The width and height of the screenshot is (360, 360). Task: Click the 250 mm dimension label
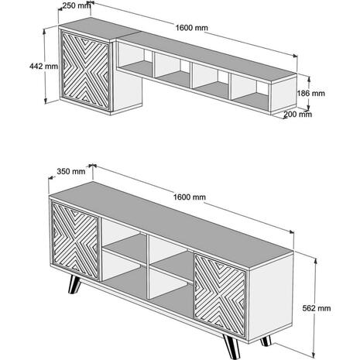click(77, 5)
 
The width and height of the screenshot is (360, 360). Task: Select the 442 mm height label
click(43, 66)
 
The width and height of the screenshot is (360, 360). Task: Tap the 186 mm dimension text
click(310, 93)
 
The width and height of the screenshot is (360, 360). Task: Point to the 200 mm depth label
click(298, 114)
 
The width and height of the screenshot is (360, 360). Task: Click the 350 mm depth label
click(71, 171)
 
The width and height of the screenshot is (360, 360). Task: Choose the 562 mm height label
click(317, 308)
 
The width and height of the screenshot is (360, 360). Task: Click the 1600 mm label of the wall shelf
click(191, 28)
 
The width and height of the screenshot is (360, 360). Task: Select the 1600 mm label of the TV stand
click(190, 197)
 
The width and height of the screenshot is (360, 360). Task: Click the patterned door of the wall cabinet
click(86, 70)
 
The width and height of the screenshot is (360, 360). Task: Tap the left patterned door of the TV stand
click(75, 241)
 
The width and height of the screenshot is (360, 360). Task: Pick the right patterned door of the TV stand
click(220, 295)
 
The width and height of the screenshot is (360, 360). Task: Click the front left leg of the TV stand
click(74, 285)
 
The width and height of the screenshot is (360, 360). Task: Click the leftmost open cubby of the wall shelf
click(135, 60)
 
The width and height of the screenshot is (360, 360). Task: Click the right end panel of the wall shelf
click(283, 94)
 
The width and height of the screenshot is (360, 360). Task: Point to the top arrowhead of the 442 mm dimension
click(44, 31)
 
